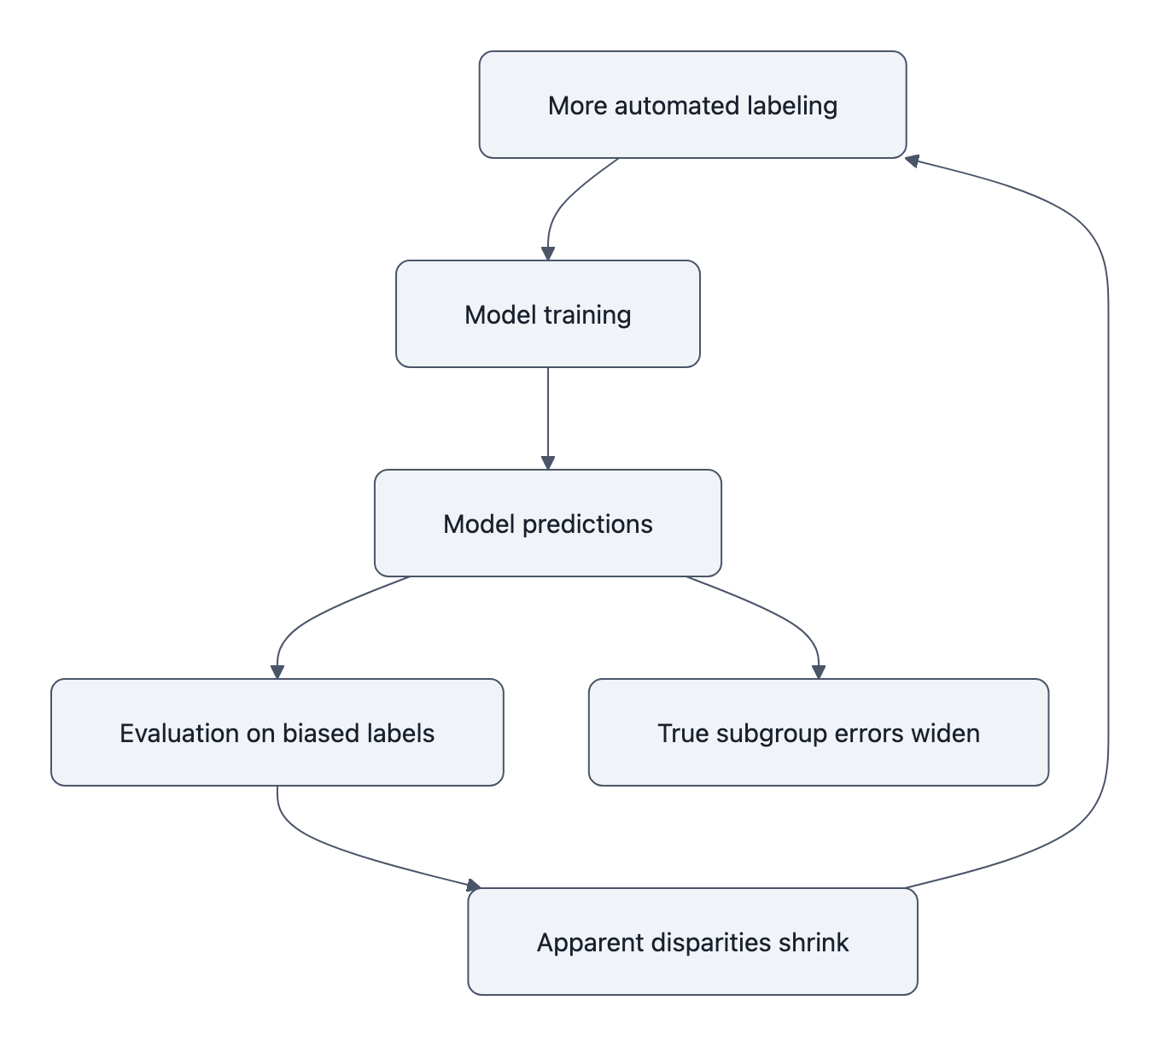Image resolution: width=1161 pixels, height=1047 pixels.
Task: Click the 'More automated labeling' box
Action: click(x=692, y=105)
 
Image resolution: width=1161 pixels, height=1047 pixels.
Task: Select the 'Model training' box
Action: click(x=547, y=314)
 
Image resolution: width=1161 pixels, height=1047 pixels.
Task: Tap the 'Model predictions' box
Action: click(x=547, y=523)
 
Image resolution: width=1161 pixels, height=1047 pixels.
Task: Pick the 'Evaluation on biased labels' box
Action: click(x=277, y=733)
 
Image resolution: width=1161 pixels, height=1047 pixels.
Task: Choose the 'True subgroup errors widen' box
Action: click(x=818, y=733)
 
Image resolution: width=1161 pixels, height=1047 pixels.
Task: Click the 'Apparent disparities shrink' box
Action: click(x=692, y=942)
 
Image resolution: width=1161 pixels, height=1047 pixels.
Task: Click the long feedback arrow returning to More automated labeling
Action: click(x=1108, y=512)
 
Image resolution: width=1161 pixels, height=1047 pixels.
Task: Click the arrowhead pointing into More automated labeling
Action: click(x=912, y=160)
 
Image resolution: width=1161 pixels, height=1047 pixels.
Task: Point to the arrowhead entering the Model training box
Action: click(x=548, y=254)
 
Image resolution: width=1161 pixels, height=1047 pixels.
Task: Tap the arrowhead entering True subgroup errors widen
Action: click(x=819, y=672)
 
